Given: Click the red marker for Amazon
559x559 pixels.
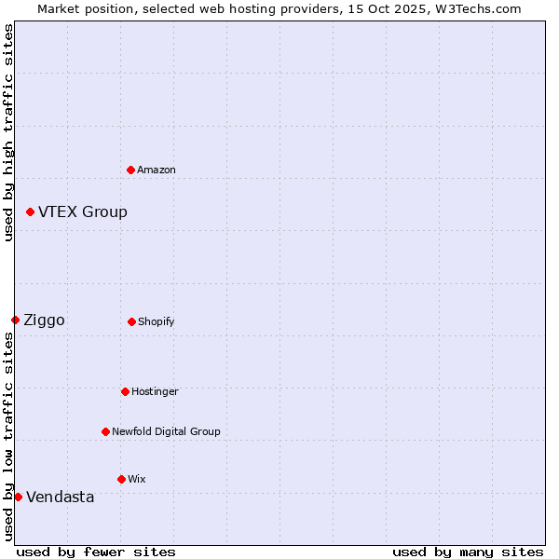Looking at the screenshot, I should (x=130, y=170).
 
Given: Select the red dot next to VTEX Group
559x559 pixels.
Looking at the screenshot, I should (x=30, y=212).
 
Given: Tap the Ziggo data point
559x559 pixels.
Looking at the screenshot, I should (x=15, y=320).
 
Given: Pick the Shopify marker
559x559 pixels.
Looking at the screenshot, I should (x=131, y=321).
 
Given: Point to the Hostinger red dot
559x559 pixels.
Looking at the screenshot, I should (x=125, y=391).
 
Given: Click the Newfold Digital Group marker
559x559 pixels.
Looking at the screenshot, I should (x=105, y=431).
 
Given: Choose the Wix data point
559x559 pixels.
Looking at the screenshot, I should (x=121, y=479).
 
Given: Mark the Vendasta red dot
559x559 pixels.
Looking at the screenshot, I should (x=18, y=497).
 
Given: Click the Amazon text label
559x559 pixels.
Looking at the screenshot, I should (x=157, y=170).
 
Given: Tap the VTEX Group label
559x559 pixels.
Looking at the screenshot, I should (x=83, y=212).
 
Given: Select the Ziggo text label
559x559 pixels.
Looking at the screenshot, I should (x=44, y=320).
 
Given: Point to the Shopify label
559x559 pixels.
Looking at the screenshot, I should (x=157, y=322).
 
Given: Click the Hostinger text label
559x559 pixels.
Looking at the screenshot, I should (x=155, y=392).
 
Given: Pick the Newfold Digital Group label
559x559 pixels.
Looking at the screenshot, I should (x=167, y=432).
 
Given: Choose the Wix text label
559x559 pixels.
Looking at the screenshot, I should (x=137, y=480).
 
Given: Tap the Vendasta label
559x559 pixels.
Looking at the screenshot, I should (x=61, y=498).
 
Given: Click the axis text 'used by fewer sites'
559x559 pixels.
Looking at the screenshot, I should (x=96, y=552).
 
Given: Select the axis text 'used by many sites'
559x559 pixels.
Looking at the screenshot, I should (x=468, y=552).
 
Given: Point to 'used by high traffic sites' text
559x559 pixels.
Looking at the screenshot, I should (x=8, y=132).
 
